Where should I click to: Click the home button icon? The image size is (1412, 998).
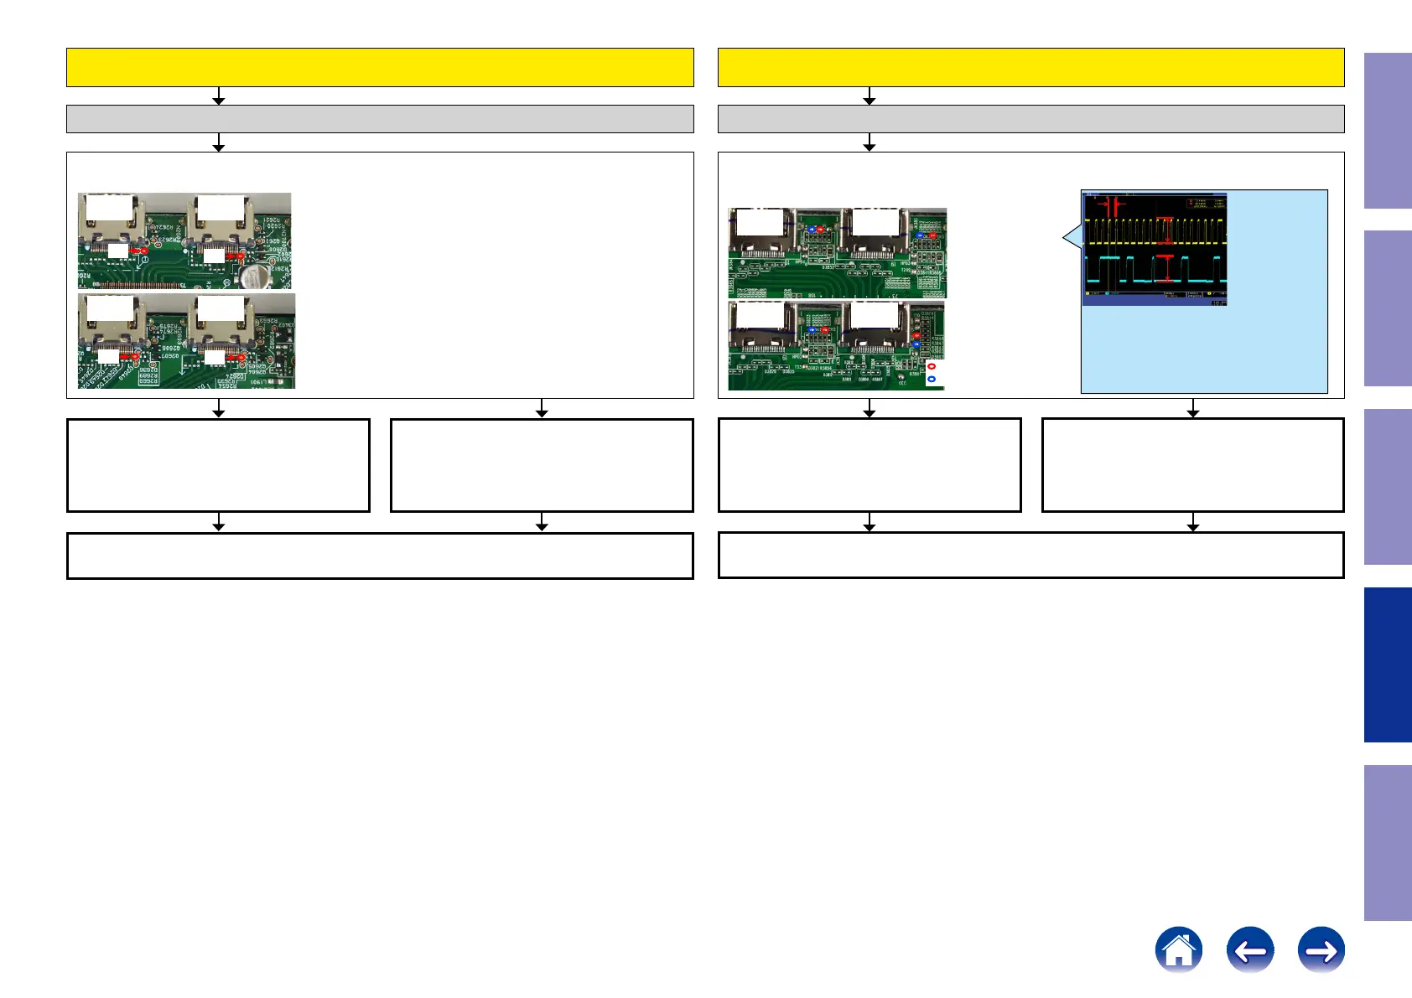point(1178,949)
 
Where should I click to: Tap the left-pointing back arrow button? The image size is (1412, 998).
point(1249,949)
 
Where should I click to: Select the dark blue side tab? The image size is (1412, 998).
point(1388,664)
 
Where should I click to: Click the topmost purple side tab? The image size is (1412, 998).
point(1388,131)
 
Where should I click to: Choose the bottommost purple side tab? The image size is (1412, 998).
point(1388,842)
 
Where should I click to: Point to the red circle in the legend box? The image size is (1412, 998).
point(932,366)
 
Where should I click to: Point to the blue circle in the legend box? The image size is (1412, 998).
point(932,379)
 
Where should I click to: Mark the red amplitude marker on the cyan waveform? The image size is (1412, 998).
point(1165,268)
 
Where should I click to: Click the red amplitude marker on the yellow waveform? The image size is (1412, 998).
point(1165,231)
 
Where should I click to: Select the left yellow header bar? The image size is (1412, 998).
point(380,67)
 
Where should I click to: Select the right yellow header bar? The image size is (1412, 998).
point(1030,67)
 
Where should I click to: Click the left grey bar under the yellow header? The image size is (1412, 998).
point(380,119)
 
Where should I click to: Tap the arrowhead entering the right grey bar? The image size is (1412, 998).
point(870,101)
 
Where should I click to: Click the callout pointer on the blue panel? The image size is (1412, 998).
point(1069,238)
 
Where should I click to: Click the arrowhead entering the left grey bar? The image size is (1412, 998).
point(219,101)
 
